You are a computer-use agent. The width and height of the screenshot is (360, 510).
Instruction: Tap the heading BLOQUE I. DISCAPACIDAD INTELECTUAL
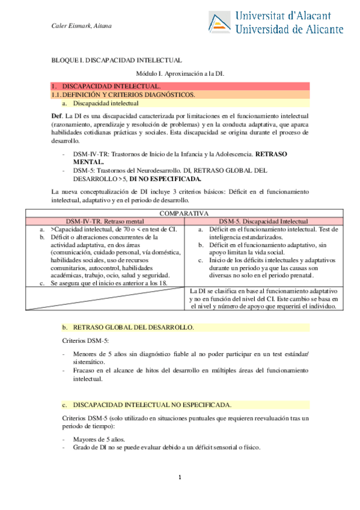117,61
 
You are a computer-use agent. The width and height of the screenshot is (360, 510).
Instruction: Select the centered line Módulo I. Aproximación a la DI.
180,73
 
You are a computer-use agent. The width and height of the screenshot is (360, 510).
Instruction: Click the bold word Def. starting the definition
57,115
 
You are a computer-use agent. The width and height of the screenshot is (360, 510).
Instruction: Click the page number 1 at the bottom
180,478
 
